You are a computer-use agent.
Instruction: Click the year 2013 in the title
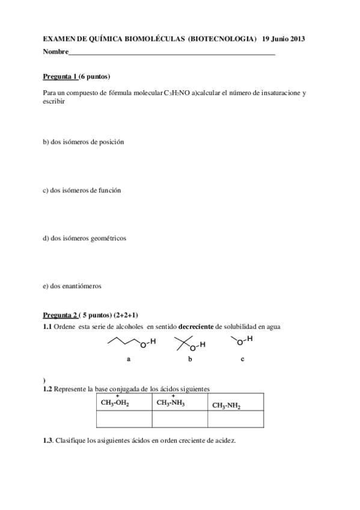[297, 39]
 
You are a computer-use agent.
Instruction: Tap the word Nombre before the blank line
[55, 52]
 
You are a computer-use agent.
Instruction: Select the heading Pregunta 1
[60, 77]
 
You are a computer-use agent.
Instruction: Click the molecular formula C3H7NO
[177, 93]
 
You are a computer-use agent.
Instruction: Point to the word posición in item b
[110, 142]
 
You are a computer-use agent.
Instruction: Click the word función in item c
[108, 190]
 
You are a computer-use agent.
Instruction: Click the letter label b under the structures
[190, 359]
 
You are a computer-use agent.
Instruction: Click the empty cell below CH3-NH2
[236, 419]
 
